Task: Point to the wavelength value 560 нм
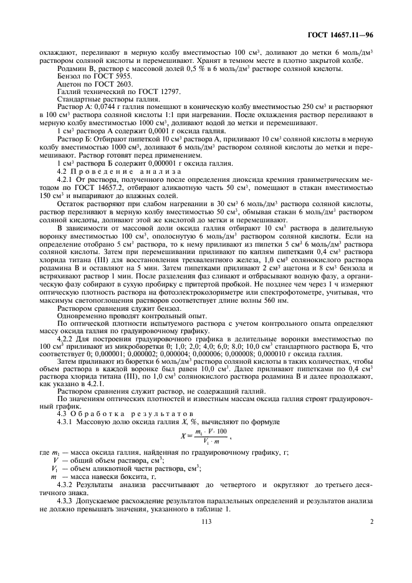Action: tap(277, 301)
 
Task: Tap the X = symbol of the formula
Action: tap(184, 437)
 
